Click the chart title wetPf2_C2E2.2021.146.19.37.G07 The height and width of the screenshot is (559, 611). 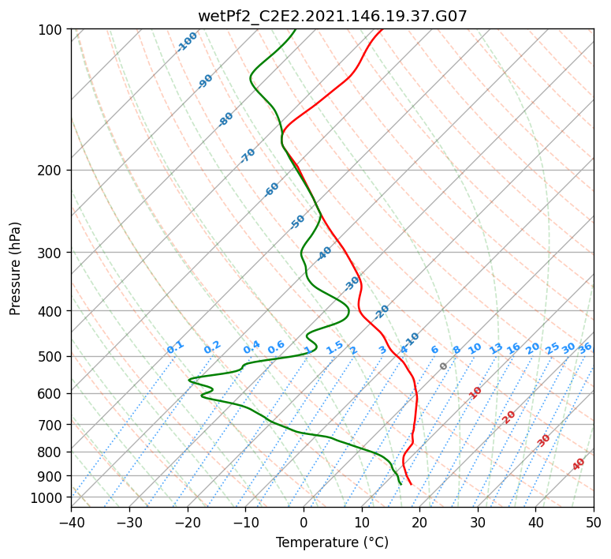[x=333, y=17]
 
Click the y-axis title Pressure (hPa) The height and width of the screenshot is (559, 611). [x=15, y=268]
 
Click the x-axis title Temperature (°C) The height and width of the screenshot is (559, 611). [x=333, y=542]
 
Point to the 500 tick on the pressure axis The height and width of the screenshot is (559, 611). [x=53, y=356]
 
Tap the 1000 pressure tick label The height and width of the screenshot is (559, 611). [x=50, y=497]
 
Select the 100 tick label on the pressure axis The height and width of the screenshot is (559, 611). [x=53, y=29]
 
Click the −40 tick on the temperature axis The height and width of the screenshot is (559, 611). [x=71, y=522]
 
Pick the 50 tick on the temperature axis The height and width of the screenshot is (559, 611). [x=594, y=522]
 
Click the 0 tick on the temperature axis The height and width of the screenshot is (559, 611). [x=304, y=522]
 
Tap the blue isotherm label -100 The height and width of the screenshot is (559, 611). [x=187, y=42]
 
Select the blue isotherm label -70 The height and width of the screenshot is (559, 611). [x=248, y=155]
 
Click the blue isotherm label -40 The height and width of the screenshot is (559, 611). [x=324, y=253]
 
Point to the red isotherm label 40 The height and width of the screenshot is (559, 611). [x=578, y=464]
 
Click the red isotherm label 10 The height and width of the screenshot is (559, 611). [x=475, y=392]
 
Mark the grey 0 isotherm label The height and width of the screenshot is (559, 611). [x=443, y=366]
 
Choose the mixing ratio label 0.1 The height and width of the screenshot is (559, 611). [x=175, y=347]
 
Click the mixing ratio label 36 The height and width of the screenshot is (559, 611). [x=585, y=348]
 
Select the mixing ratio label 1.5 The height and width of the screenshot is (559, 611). [x=335, y=347]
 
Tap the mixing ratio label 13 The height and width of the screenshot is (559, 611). [x=496, y=348]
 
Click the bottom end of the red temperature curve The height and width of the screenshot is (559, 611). [x=411, y=485]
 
